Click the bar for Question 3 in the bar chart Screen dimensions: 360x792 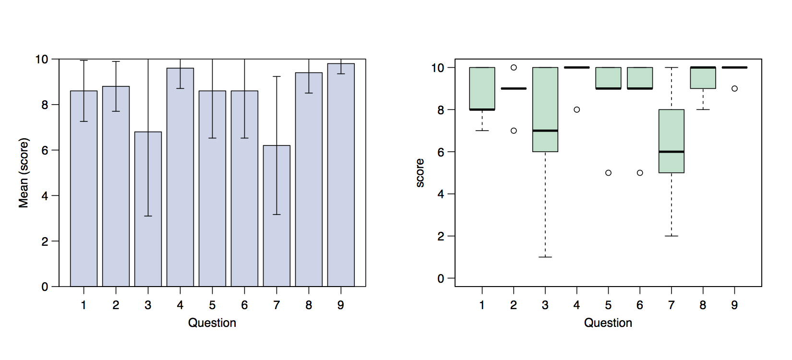coord(148,240)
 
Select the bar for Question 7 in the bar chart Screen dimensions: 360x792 coord(276,250)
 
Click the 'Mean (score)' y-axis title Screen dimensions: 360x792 coord(24,173)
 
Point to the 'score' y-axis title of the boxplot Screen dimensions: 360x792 coord(420,173)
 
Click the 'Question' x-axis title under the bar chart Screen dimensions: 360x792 coord(212,323)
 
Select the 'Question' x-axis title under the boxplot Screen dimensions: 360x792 coord(608,323)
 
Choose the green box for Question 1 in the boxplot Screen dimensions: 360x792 coord(482,89)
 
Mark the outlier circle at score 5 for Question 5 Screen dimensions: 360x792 coord(608,173)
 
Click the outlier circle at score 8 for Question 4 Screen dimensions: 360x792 coord(576,109)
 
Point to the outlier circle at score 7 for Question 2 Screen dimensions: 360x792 coord(514,131)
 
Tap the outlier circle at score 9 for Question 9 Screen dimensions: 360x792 coord(734,88)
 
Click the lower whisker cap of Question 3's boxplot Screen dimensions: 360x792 coord(545,257)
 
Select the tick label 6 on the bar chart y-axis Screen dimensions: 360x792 coord(45,150)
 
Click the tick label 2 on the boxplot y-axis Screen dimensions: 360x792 coord(441,236)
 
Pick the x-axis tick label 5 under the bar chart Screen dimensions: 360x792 coord(212,305)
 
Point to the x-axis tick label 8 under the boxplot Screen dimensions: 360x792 coord(703,305)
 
